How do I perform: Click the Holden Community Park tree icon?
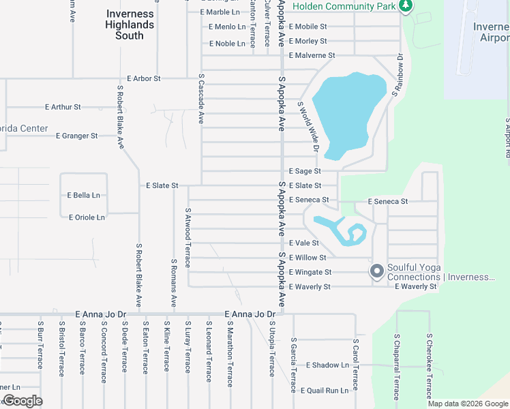(406, 6)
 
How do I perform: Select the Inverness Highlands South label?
(130, 25)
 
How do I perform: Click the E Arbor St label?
(143, 78)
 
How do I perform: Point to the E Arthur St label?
(63, 107)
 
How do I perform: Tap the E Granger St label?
(77, 136)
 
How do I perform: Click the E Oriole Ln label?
(87, 217)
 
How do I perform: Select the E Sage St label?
(305, 171)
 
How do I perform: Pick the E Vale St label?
(304, 243)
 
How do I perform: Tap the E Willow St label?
(307, 258)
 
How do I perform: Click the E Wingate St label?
(310, 272)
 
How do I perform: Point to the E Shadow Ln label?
(327, 365)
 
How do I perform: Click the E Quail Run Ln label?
(325, 391)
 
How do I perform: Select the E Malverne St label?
(312, 55)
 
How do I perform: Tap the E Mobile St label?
(307, 27)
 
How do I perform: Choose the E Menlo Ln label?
(227, 27)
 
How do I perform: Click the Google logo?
(22, 401)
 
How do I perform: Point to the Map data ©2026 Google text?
(468, 404)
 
